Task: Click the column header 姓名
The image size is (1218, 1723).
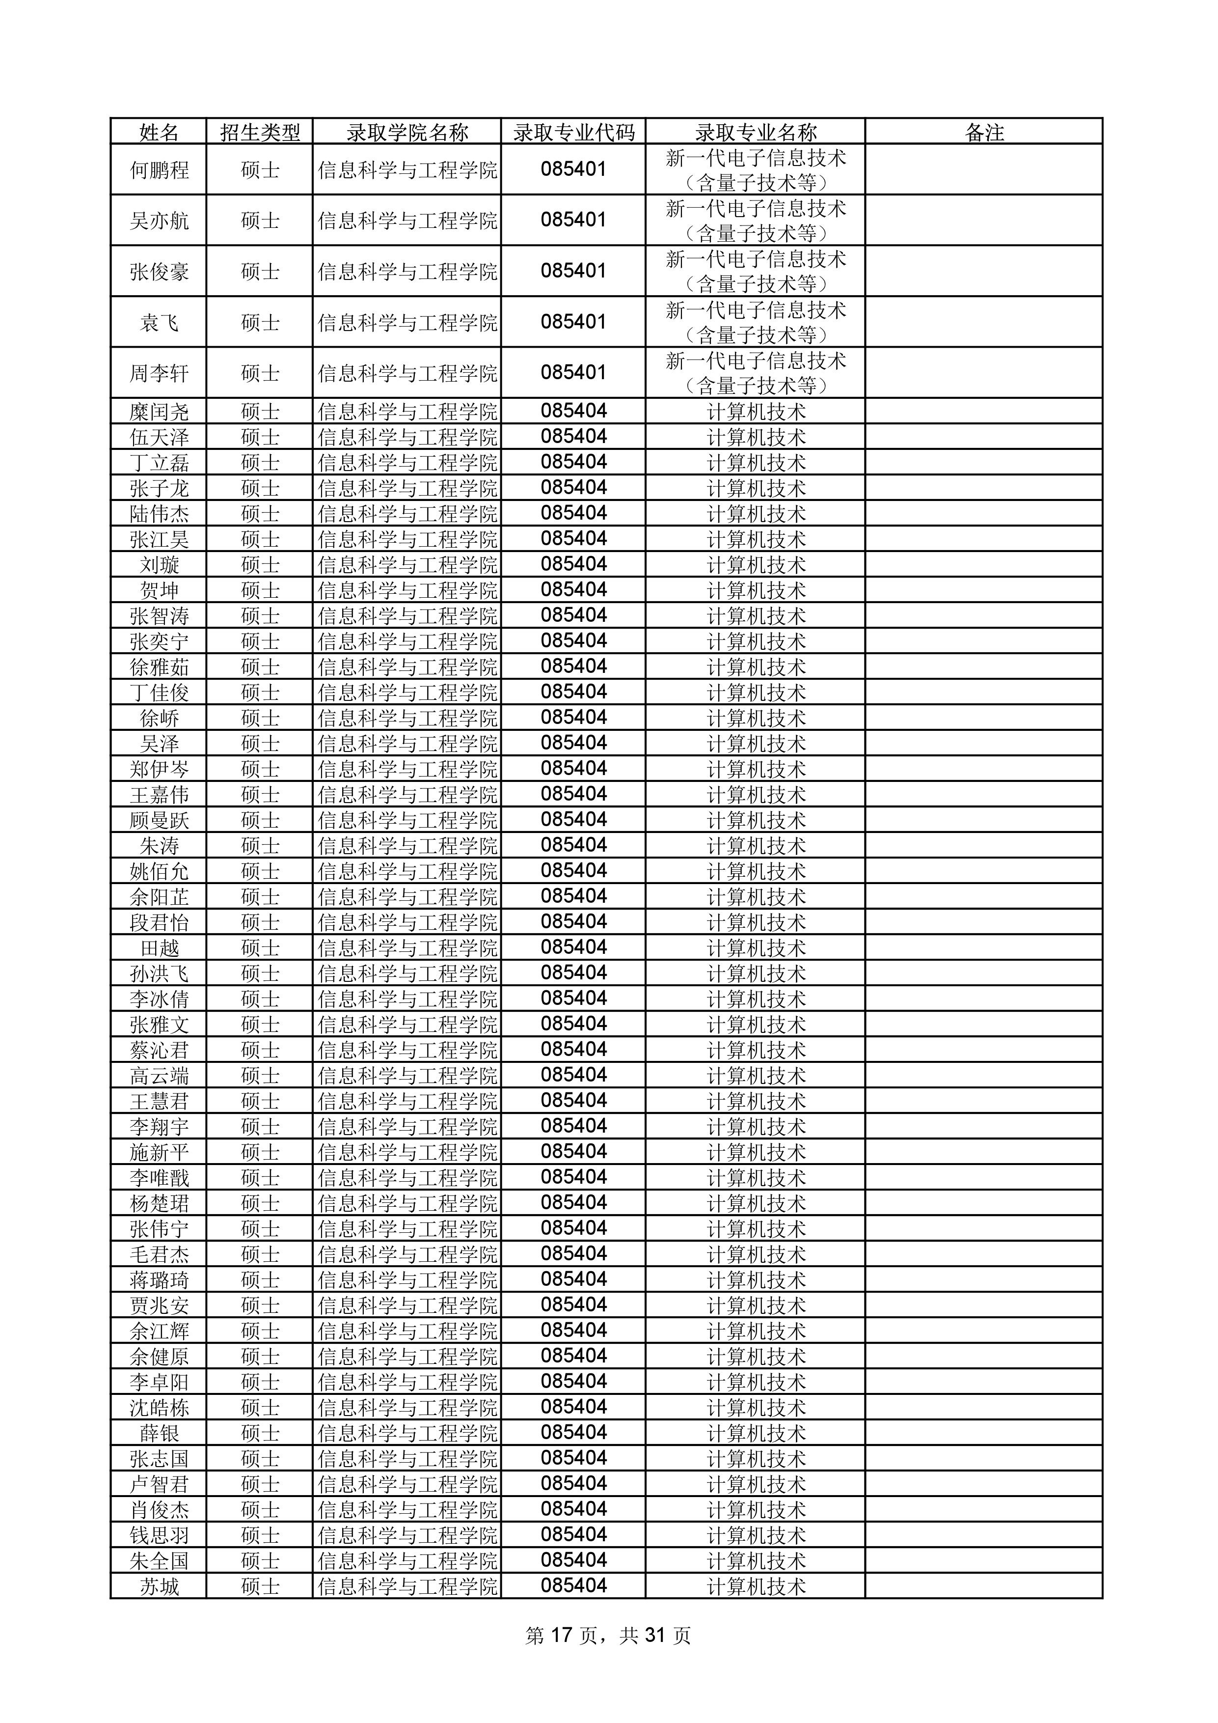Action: [x=159, y=133]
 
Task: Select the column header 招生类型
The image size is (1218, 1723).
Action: [x=260, y=133]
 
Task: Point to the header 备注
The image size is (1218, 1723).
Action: [x=983, y=133]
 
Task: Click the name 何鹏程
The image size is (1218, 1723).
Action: [x=159, y=170]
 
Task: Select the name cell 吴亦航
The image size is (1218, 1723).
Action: [x=159, y=221]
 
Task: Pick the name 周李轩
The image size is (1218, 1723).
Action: [x=159, y=373]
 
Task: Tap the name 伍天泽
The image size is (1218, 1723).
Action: [x=159, y=437]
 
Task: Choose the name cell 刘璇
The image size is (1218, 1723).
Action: [x=159, y=564]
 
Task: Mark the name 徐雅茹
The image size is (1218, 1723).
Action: [x=159, y=667]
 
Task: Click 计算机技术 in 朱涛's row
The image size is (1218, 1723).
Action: [x=755, y=846]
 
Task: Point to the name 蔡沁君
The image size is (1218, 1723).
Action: [x=159, y=1050]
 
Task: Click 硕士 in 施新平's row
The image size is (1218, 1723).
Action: [x=260, y=1152]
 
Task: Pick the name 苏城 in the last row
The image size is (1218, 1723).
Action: [x=159, y=1585]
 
